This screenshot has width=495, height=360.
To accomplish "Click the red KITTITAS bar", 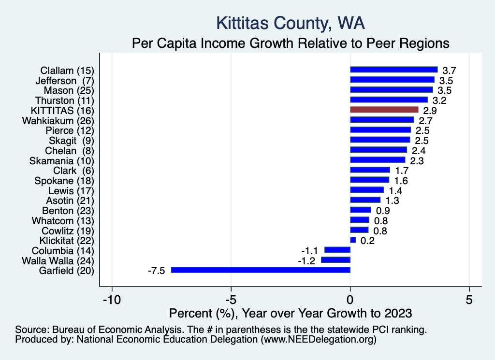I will coord(384,110).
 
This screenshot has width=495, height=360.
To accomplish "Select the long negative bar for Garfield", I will coord(261,270).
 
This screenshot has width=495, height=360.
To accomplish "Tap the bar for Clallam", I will coord(393,70).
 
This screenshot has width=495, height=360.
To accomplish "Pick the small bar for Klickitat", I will coord(353,240).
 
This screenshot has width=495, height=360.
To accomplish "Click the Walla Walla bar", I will coord(335,260).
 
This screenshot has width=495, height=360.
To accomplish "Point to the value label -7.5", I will coord(156,270).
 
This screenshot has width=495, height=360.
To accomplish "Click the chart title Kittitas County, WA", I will coord(290,23).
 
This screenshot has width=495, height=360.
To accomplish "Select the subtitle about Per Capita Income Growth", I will coord(291,43).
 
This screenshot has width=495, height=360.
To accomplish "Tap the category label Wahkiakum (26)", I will coord(58,120).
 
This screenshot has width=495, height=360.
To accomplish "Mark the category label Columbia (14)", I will coord(62,251).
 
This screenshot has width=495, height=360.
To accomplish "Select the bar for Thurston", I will coord(389,100).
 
